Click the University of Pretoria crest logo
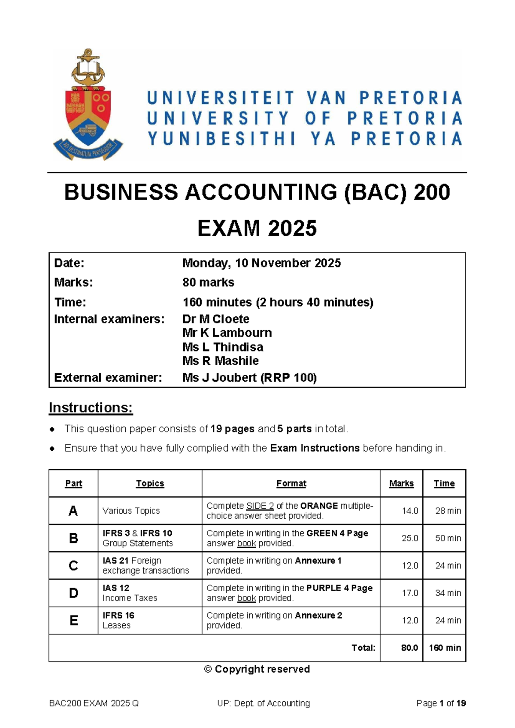(88, 105)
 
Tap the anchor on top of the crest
(88, 64)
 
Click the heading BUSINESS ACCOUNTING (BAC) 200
(257, 192)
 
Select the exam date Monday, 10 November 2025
(261, 263)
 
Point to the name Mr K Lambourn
(227, 333)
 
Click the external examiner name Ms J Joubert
(249, 378)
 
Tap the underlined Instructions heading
(91, 407)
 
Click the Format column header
(291, 483)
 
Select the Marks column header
(401, 483)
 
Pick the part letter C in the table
(73, 565)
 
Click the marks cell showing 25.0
(409, 538)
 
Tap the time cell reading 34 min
(448, 593)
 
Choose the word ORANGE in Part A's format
(319, 506)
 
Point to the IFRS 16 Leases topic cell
(118, 620)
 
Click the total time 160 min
(445, 648)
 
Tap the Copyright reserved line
(257, 669)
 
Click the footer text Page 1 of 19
(441, 703)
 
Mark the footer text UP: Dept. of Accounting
(264, 703)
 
